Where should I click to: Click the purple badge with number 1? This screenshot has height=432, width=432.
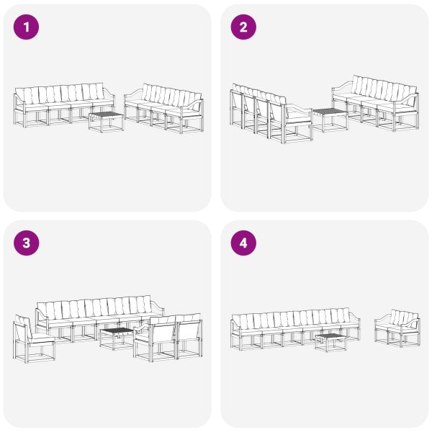27,27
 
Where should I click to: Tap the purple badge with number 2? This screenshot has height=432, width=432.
243,27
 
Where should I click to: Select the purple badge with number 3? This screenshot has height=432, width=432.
27,243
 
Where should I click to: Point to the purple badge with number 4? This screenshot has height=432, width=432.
243,243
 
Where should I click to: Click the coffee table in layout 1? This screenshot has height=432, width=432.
106,120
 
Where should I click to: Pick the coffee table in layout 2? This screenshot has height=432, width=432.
330,118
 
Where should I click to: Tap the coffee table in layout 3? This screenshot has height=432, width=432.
116,336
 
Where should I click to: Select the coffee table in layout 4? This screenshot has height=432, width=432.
330,341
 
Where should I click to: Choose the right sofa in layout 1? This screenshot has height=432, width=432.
165,107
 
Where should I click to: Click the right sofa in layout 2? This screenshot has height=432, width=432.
376,102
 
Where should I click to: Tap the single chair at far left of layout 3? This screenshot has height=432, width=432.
32,338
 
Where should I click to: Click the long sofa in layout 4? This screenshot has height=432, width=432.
292,328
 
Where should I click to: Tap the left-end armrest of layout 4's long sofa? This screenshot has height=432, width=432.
235,325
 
